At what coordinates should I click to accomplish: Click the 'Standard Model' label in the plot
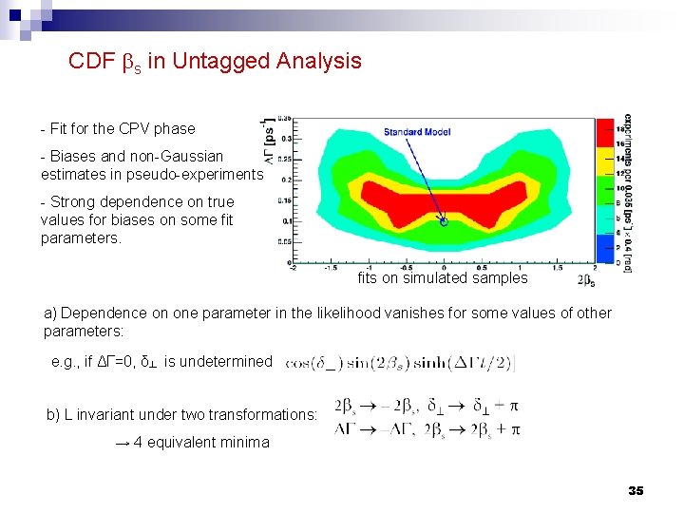point(415,131)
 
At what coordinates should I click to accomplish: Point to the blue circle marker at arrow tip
point(444,221)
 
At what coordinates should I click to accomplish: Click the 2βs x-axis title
point(588,280)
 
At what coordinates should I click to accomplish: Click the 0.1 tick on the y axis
point(284,220)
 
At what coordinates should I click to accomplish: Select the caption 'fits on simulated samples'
point(442,278)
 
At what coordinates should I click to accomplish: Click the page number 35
point(636,490)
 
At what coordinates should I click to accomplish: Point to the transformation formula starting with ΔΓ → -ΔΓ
point(427,429)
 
